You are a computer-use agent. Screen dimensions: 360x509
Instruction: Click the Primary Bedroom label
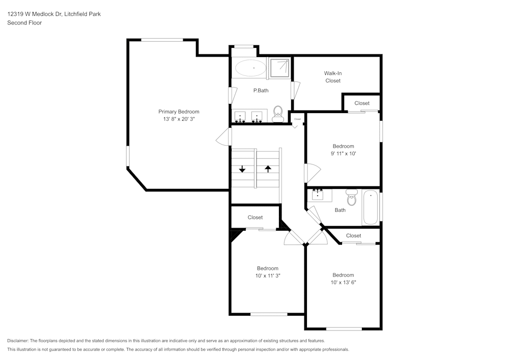tap(179, 112)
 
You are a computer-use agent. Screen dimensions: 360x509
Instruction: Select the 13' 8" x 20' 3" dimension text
tap(179, 119)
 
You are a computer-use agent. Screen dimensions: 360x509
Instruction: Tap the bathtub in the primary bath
tap(250, 68)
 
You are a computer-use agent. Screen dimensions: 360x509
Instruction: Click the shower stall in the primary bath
tap(279, 68)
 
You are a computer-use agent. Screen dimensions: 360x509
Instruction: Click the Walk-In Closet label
tap(333, 77)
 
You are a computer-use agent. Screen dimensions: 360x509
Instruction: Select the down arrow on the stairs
tap(242, 169)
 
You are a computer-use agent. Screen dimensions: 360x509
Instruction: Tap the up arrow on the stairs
tap(268, 168)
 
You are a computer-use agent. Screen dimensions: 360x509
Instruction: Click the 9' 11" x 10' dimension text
tap(343, 154)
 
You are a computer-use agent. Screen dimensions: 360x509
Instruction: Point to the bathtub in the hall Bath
tap(371, 207)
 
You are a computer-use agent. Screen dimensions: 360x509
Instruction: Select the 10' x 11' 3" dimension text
tap(267, 275)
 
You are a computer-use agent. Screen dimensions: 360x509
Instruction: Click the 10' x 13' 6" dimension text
tap(343, 282)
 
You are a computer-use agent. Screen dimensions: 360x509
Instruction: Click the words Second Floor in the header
tap(24, 23)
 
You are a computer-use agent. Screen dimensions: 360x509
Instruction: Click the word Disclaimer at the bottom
tap(18, 341)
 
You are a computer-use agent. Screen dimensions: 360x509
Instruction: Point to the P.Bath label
tap(261, 91)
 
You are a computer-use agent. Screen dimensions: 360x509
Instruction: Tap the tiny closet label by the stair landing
tap(297, 119)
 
